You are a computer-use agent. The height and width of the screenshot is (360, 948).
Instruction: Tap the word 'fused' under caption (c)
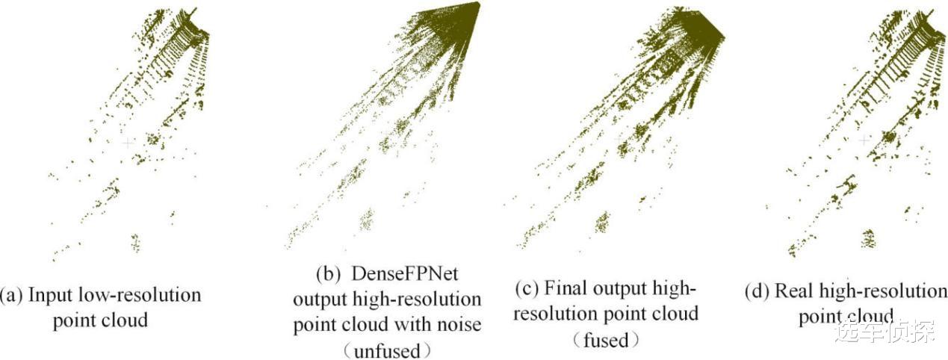[606, 339]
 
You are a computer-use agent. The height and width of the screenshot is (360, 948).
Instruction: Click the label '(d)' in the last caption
[758, 291]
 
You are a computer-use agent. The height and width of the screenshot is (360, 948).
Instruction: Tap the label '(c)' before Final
[529, 288]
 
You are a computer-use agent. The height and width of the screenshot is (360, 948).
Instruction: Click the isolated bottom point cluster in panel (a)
[135, 242]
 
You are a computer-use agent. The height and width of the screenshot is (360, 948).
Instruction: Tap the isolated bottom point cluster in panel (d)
[867, 239]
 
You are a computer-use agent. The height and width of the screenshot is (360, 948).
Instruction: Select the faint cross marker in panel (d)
[864, 140]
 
